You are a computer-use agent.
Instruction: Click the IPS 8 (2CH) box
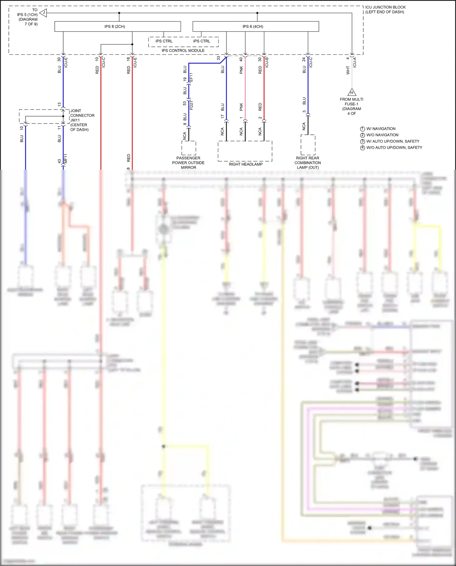[x=117, y=26]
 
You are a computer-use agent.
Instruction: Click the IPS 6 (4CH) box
[x=255, y=26]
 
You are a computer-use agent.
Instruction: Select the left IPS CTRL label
[x=164, y=41]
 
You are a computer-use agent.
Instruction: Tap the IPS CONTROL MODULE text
[x=183, y=50]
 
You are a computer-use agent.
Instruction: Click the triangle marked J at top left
[x=43, y=13]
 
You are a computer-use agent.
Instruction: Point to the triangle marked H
[x=352, y=92]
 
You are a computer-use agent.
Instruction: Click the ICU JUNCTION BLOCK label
[x=385, y=9]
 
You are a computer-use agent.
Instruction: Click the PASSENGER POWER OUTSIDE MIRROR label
[x=188, y=163]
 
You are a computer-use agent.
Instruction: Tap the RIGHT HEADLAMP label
[x=246, y=164]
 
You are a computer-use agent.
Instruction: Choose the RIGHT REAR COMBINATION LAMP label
[x=308, y=163]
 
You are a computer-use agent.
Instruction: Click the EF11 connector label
[x=191, y=77]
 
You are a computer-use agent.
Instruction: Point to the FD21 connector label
[x=191, y=105]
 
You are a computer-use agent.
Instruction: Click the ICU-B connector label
[x=267, y=62]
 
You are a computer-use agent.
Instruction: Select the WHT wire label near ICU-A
[x=348, y=71]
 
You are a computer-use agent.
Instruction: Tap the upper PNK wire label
[x=241, y=70]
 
